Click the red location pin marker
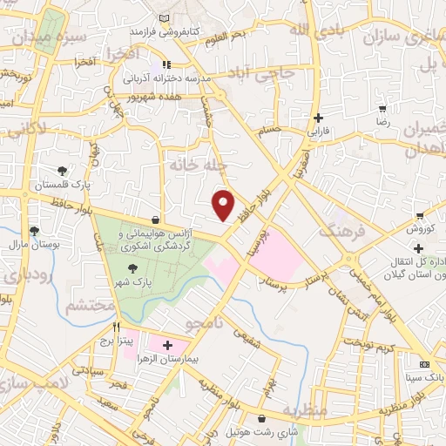click(224, 206)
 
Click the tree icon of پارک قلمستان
click(62, 172)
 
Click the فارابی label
click(318, 133)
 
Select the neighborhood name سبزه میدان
click(32, 39)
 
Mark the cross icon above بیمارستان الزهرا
click(167, 346)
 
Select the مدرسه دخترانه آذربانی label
click(174, 78)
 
